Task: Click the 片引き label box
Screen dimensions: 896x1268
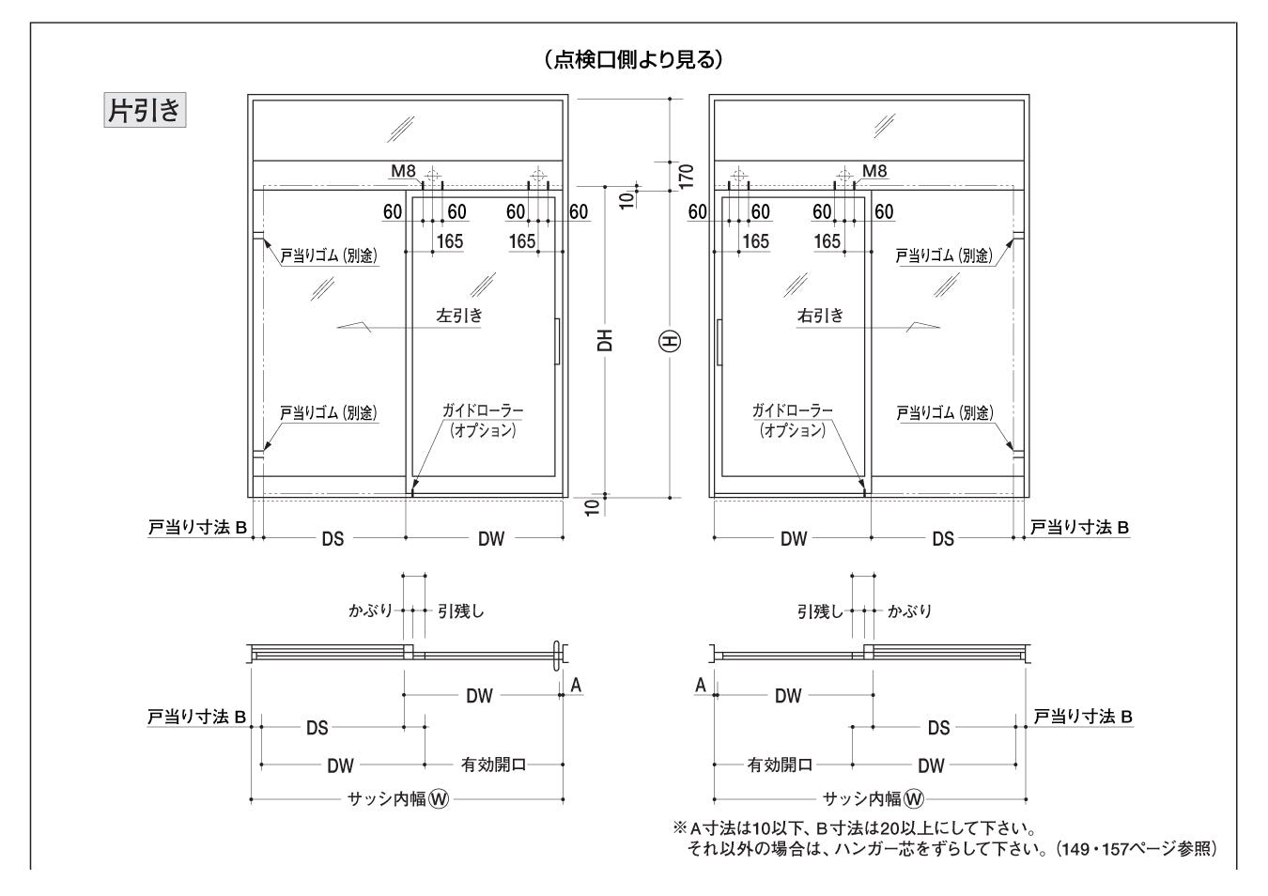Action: click(145, 111)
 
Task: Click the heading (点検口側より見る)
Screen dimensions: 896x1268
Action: click(633, 60)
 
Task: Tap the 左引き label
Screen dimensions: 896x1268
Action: click(460, 316)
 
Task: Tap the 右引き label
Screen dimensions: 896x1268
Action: click(821, 316)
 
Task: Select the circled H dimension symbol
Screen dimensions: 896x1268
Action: click(671, 341)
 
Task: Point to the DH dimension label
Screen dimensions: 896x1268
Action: click(606, 339)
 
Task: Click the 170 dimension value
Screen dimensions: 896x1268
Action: click(686, 174)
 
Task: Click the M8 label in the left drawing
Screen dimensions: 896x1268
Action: click(403, 171)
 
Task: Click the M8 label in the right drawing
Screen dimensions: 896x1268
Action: click(874, 171)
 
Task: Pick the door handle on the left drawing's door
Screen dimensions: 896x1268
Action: click(558, 340)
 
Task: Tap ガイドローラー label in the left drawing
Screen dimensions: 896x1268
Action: click(483, 411)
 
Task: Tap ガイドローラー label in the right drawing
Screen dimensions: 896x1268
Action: click(792, 411)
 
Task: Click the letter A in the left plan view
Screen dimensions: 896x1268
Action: click(577, 686)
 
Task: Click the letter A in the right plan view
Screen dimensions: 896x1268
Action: click(701, 686)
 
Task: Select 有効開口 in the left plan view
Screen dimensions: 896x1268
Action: click(494, 765)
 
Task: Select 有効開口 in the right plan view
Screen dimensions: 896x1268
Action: click(780, 765)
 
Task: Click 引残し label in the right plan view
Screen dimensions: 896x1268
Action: click(821, 611)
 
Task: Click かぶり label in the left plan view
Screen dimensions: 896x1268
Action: click(370, 611)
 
